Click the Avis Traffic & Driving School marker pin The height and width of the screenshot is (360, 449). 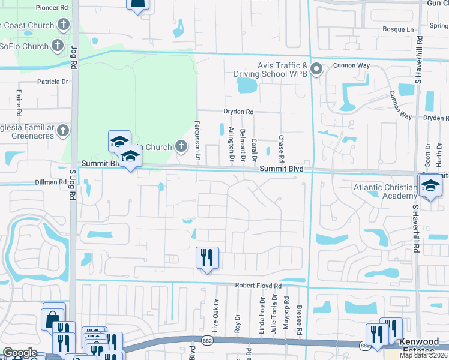pyautogui.click(x=318, y=69)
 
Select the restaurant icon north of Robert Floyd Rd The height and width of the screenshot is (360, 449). pyautogui.click(x=207, y=258)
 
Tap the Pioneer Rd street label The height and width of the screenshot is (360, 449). pyautogui.click(x=52, y=8)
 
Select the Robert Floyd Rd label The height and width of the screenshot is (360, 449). pyautogui.click(x=258, y=286)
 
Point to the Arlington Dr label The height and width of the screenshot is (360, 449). pyautogui.click(x=231, y=146)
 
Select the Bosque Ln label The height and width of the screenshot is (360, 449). pyautogui.click(x=399, y=29)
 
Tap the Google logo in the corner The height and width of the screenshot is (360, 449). pyautogui.click(x=20, y=353)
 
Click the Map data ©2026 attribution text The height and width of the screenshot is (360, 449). pyautogui.click(x=424, y=355)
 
